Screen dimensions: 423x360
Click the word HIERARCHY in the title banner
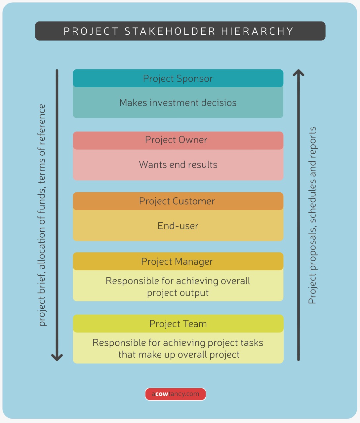tap(257, 31)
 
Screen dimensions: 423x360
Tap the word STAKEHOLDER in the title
tap(170, 31)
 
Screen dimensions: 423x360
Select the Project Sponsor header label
tap(178, 79)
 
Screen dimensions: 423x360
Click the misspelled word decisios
tap(218, 103)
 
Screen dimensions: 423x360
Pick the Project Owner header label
tap(176, 140)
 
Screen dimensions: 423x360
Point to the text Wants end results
tap(178, 165)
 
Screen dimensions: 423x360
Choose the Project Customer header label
tap(177, 201)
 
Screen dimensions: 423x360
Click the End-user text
tap(178, 226)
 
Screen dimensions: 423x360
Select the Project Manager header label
tap(177, 262)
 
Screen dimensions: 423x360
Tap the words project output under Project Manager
tap(178, 293)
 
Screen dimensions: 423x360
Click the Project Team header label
tap(178, 324)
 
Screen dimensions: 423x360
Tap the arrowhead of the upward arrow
tap(299, 73)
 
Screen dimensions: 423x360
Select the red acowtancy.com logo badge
tap(176, 394)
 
